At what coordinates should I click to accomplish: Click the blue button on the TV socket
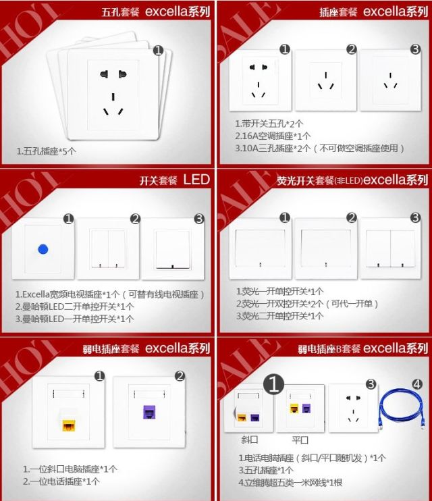coord(43,249)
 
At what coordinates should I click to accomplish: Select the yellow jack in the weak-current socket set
coord(68,425)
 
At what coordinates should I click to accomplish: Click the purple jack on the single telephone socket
coord(149,412)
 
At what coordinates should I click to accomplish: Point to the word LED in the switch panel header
coord(196,180)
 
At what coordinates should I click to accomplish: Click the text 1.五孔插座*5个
coord(47,151)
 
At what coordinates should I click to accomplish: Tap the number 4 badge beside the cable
coord(417,384)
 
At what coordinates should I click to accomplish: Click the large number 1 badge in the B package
coord(274,384)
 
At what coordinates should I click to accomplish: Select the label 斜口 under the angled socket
coord(249,440)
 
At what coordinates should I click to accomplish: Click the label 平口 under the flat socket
coord(300,440)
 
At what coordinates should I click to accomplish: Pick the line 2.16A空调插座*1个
coord(273,136)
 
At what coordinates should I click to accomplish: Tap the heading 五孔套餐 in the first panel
coord(120,12)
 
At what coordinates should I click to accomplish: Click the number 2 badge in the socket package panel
coord(352,49)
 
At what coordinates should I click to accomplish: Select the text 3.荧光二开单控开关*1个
coord(279,316)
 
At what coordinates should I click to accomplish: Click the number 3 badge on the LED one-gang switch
coord(199,219)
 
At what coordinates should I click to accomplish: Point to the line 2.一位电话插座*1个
coord(61,481)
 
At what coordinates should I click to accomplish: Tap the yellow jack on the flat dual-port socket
coord(294,408)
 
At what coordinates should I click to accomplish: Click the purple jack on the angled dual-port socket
coord(255,417)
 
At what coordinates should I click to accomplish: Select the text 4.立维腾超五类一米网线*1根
coord(290,482)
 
